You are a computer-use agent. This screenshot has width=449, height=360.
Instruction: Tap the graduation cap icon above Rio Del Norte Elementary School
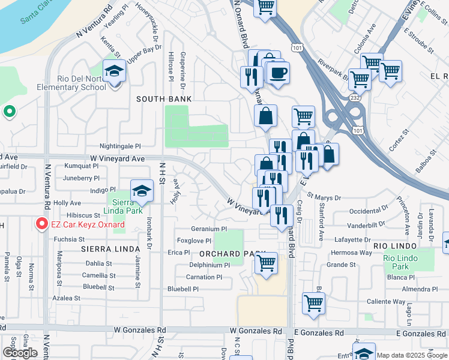pyautogui.click(x=114, y=71)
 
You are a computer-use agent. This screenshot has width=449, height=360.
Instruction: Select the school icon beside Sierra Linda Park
pyautogui.click(x=142, y=190)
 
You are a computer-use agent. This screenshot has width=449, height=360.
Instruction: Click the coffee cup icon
pyautogui.click(x=278, y=73)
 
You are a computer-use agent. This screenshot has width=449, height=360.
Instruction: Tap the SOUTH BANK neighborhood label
pyautogui.click(x=164, y=99)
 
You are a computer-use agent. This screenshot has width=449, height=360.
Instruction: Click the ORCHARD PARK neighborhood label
pyautogui.click(x=223, y=254)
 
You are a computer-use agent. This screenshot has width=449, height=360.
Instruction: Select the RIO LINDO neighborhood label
pyautogui.click(x=395, y=245)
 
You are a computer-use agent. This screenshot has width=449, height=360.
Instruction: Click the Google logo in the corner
pyautogui.click(x=20, y=353)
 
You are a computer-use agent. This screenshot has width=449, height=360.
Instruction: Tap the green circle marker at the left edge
pyautogui.click(x=9, y=112)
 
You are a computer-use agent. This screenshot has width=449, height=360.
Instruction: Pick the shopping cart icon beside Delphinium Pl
pyautogui.click(x=266, y=262)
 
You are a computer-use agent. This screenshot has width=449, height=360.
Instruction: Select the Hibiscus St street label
pyautogui.click(x=83, y=215)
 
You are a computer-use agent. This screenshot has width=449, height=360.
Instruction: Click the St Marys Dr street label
pyautogui.click(x=324, y=197)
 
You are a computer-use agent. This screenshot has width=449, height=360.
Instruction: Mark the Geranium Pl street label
pyautogui.click(x=208, y=229)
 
